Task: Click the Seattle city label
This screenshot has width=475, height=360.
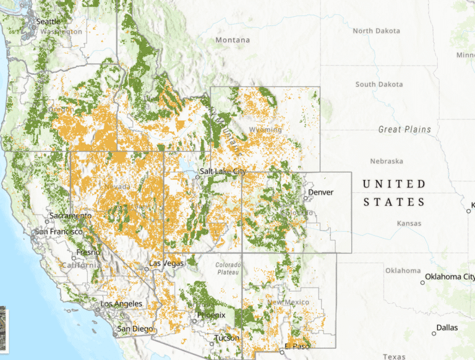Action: point(49,21)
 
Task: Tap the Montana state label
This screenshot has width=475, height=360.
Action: point(233,40)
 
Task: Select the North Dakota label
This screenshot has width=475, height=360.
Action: point(376,31)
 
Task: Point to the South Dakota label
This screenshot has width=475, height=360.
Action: point(379,84)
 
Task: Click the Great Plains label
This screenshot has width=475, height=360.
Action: point(404,129)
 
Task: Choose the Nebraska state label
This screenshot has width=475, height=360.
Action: point(387,161)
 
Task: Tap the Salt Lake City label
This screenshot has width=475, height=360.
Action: point(223,171)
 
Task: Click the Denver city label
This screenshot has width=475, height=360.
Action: point(320,192)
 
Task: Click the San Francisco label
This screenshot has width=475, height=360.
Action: point(59,231)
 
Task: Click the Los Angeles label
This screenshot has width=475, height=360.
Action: point(121,304)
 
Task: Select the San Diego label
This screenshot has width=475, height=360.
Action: point(134,328)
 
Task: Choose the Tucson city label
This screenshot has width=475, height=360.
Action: point(226,338)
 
